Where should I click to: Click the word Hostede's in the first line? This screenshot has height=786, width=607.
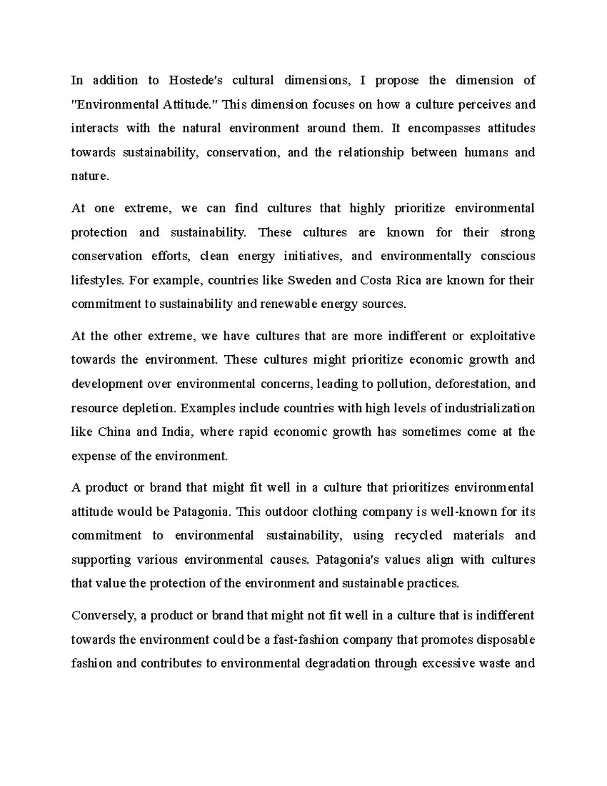pyautogui.click(x=194, y=80)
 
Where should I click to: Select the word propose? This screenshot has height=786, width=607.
pyautogui.click(x=397, y=80)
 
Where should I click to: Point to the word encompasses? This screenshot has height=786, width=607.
pyautogui.click(x=444, y=128)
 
